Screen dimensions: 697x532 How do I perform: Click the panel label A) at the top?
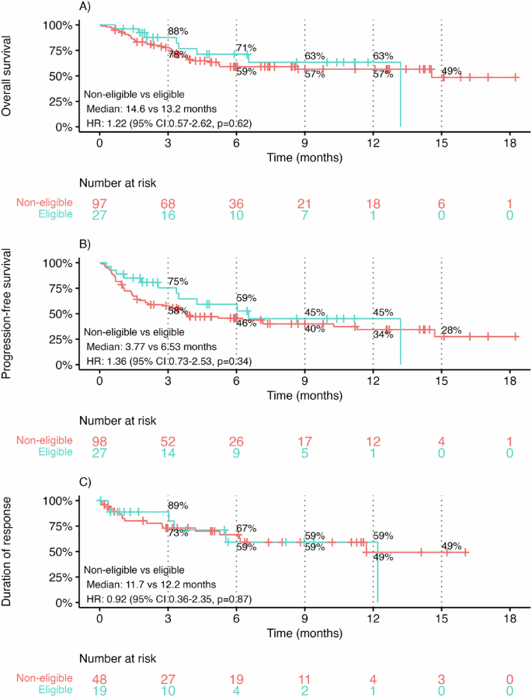pos(86,6)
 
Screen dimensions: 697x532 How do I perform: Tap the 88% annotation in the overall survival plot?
pos(179,31)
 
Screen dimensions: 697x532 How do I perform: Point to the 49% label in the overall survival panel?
pos(451,71)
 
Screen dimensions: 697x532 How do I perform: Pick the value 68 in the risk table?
pos(168,203)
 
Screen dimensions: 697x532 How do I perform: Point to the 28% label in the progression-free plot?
pos(451,331)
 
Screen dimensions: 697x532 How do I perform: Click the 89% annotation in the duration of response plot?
pos(179,506)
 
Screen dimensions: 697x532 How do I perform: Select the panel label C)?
pos(86,481)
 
